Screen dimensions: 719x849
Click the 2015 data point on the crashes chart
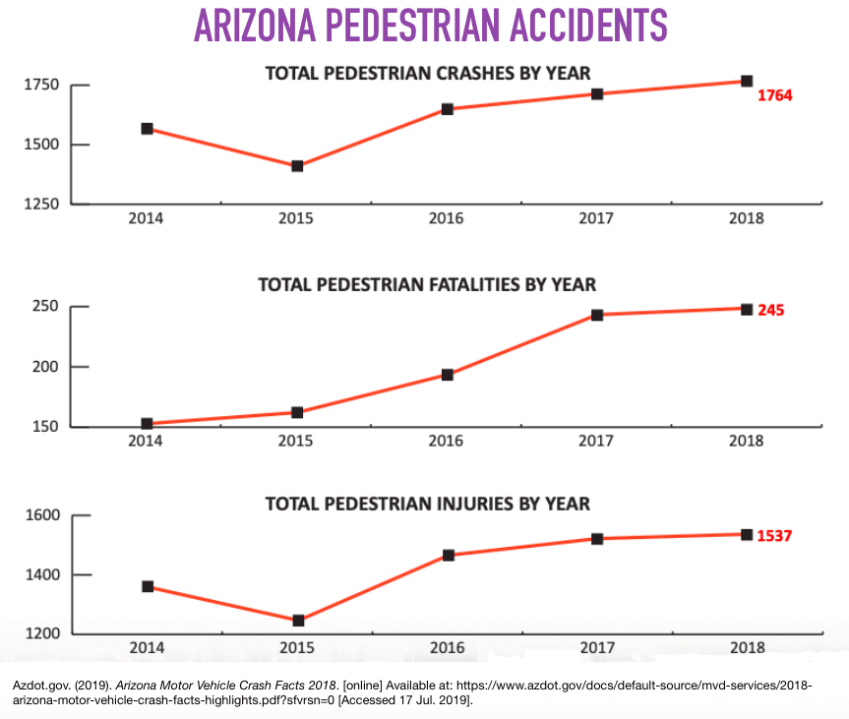tap(297, 166)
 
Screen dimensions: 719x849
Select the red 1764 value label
tap(774, 95)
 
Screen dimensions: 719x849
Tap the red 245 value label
tap(770, 310)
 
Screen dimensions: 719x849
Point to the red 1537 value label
tap(774, 536)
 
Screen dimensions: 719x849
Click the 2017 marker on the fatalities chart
tap(597, 315)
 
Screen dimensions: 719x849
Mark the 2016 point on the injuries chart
tap(448, 555)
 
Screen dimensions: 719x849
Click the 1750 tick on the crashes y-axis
tap(43, 86)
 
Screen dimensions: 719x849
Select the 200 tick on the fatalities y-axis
tap(47, 367)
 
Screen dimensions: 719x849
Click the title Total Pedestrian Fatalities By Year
tap(427, 284)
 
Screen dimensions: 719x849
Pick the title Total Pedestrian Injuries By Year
tap(427, 504)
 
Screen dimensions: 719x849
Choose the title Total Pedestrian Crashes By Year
tap(427, 72)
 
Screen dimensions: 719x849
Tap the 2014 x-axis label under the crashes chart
tap(147, 217)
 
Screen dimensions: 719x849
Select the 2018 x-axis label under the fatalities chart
tap(746, 441)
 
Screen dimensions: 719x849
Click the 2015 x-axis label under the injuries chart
tap(297, 647)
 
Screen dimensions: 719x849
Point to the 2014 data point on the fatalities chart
tap(147, 424)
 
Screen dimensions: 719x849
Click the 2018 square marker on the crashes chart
tap(747, 81)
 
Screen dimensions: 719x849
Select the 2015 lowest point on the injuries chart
tap(297, 621)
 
